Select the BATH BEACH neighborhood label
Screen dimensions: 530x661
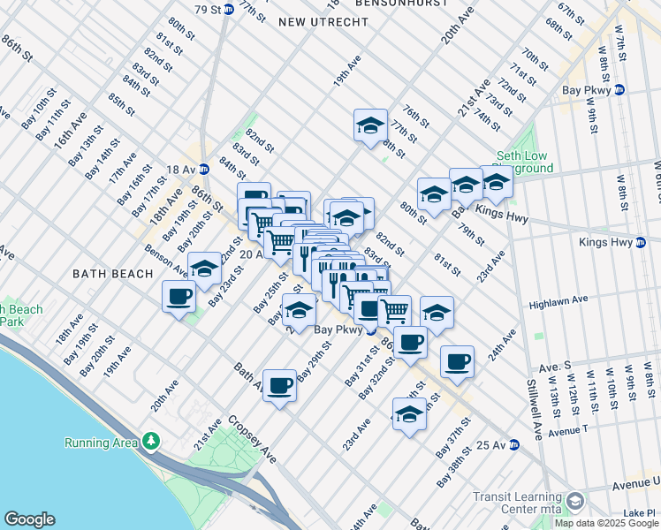point(112,274)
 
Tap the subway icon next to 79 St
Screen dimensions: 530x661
point(228,9)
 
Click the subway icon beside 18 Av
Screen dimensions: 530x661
point(203,169)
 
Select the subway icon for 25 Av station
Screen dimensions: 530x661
point(513,446)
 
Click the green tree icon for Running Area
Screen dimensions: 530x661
point(151,440)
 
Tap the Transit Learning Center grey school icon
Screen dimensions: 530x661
point(574,503)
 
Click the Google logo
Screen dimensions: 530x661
point(29,519)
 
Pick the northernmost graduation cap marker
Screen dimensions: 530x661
point(370,125)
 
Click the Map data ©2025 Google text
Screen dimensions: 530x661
point(606,523)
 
